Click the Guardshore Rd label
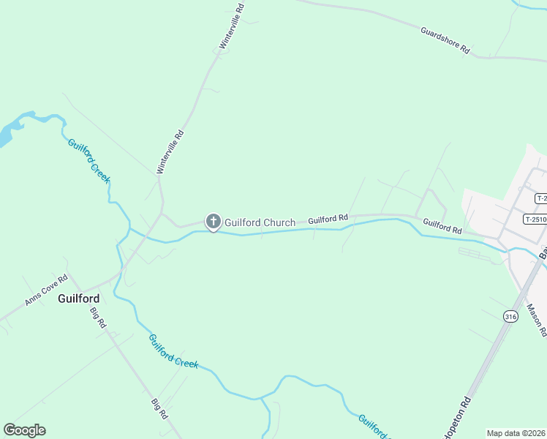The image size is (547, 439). (x=445, y=40)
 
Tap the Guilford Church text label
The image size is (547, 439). (x=260, y=222)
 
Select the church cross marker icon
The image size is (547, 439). (x=213, y=221)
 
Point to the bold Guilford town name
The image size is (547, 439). (x=78, y=299)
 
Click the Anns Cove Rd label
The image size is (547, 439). (x=46, y=290)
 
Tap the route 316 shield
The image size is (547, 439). (x=510, y=316)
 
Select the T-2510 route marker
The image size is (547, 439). (x=535, y=219)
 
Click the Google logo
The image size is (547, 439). (x=24, y=430)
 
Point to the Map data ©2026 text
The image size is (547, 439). (x=516, y=433)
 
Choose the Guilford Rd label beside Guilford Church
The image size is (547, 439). (x=328, y=219)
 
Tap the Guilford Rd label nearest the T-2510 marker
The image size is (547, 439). (x=442, y=227)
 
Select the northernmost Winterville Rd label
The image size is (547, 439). (x=232, y=26)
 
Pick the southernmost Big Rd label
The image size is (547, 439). (x=160, y=408)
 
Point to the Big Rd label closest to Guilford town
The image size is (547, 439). (x=99, y=318)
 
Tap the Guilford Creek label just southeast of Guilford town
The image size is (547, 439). (x=173, y=350)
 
